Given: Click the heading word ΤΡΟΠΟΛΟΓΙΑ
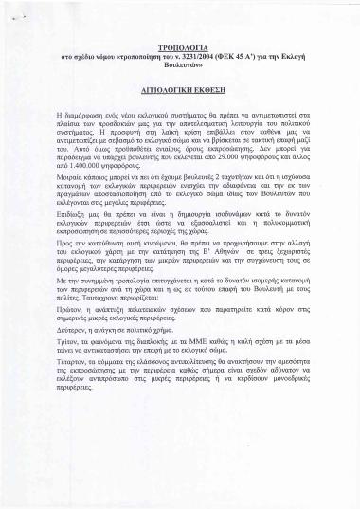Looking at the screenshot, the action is pos(179,45).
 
